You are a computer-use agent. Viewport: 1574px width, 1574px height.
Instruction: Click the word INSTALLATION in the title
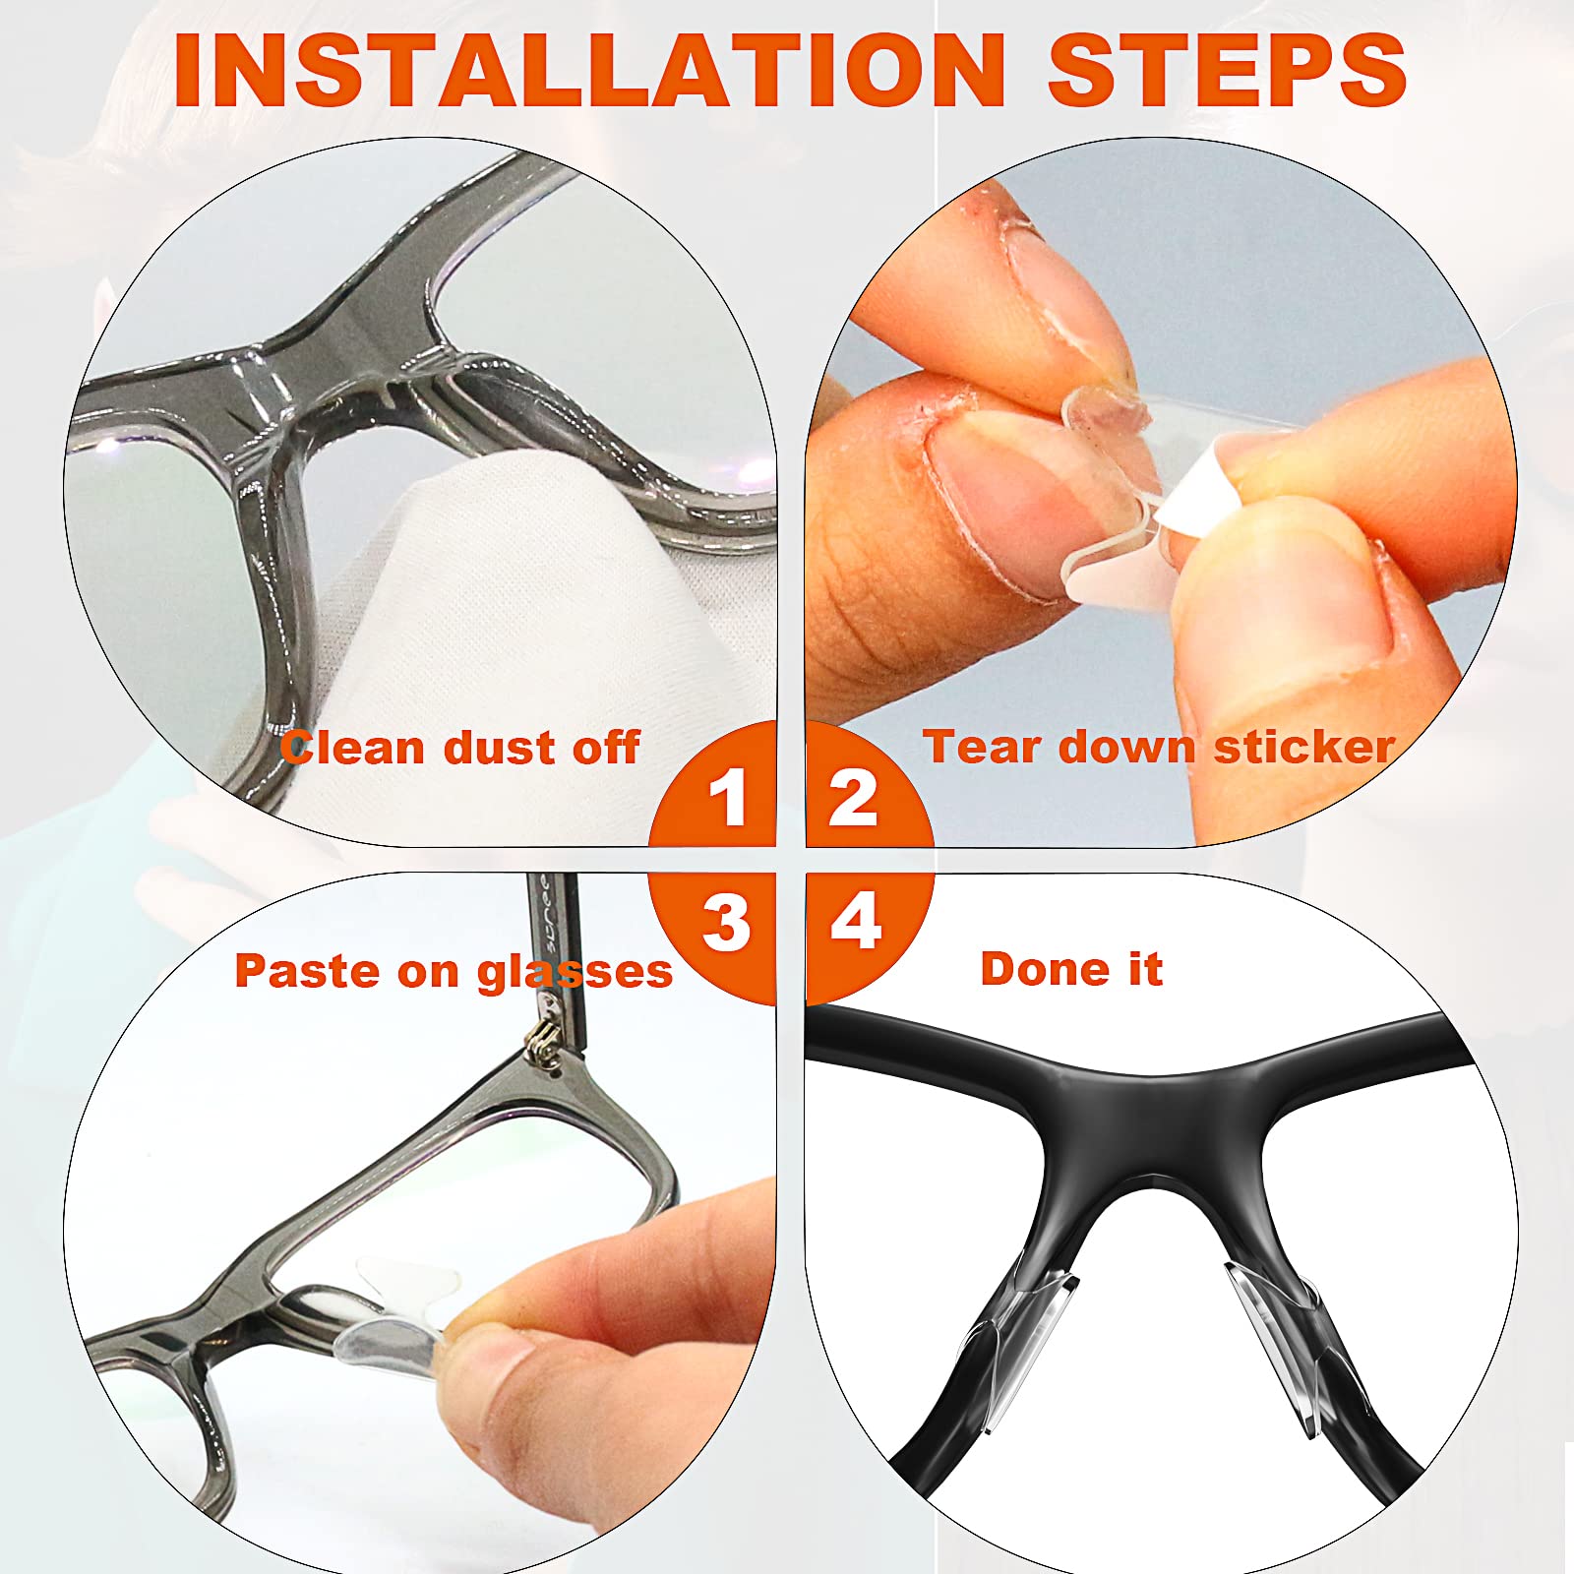click(x=589, y=70)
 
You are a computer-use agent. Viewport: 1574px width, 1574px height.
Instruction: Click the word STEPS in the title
click(x=1228, y=70)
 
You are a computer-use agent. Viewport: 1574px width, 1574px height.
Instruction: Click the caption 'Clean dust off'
click(x=460, y=748)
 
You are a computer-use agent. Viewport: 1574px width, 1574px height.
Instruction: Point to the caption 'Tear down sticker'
click(x=1159, y=747)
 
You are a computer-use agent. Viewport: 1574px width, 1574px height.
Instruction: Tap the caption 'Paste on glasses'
click(x=454, y=972)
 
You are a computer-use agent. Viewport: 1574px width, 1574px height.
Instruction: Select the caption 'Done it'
click(x=1071, y=969)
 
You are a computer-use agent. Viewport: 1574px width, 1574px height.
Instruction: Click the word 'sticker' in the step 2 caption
click(x=1304, y=747)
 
